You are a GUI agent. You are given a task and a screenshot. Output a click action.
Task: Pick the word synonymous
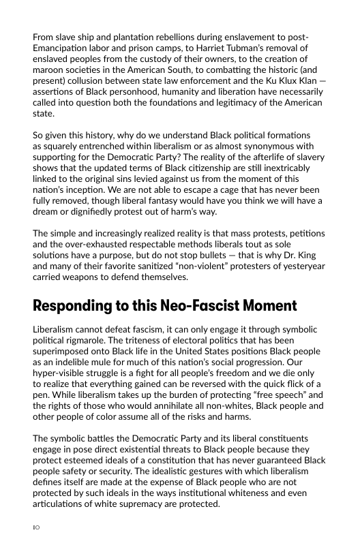point(266,146)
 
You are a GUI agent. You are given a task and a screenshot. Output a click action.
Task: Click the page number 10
point(37,527)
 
